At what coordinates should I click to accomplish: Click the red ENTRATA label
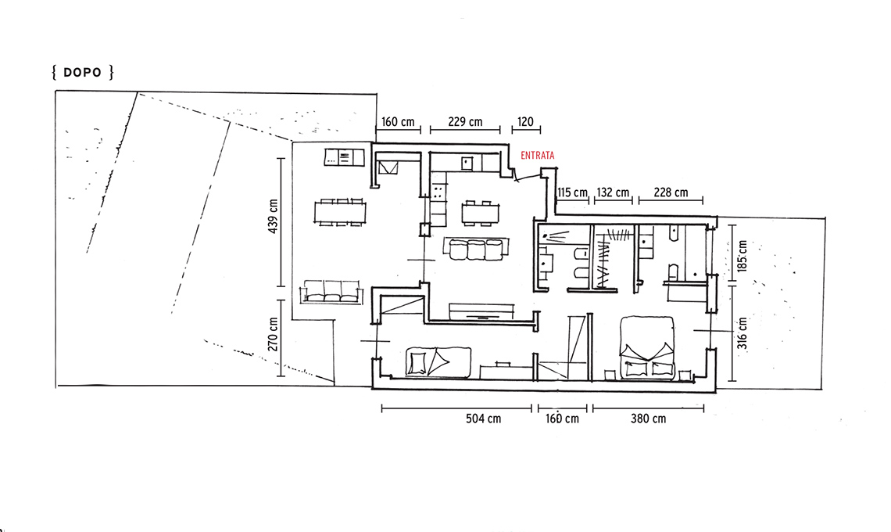click(538, 156)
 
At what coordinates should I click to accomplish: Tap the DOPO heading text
click(82, 73)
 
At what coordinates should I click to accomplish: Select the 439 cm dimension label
click(274, 216)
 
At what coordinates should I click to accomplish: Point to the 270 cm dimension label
click(274, 334)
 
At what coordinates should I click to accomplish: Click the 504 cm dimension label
click(484, 419)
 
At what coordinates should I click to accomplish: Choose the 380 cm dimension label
click(649, 419)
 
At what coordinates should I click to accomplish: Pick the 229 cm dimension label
click(465, 122)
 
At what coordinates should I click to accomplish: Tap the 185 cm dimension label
click(742, 256)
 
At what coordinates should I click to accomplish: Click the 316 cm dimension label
click(742, 332)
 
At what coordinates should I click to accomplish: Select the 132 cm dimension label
click(613, 193)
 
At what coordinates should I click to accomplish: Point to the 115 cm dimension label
click(573, 193)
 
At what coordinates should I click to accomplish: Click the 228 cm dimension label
click(671, 193)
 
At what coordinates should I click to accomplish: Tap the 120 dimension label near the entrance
click(526, 122)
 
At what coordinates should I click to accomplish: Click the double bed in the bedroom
click(647, 347)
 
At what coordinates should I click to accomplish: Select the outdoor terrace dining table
click(340, 212)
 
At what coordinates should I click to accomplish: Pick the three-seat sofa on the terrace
click(332, 291)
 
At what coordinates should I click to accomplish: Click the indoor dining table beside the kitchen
click(480, 213)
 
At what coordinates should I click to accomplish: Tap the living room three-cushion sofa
click(476, 249)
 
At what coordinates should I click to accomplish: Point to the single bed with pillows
click(438, 362)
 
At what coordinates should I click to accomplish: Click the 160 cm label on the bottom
click(563, 419)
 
